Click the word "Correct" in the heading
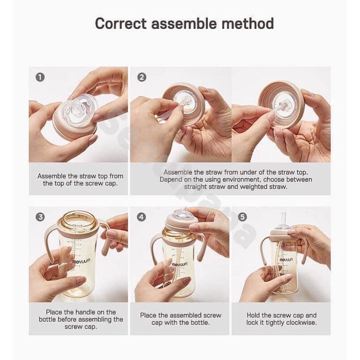121,23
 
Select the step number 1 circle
40,77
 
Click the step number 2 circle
142,77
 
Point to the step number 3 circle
40,217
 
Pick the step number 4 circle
142,217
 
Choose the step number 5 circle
242,217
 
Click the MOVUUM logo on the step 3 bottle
81,261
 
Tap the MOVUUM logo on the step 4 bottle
180,264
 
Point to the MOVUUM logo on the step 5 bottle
286,259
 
